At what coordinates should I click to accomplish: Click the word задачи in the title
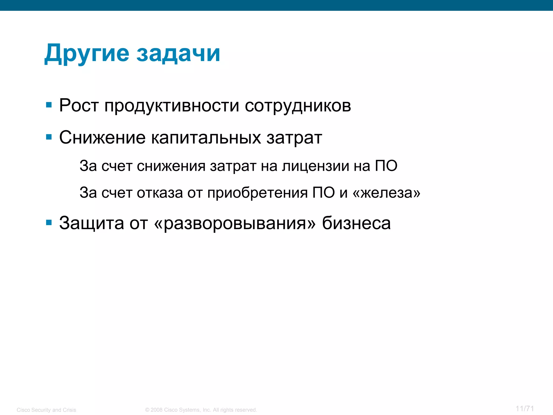pyautogui.click(x=178, y=53)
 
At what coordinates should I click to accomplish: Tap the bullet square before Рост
pyautogui.click(x=49, y=105)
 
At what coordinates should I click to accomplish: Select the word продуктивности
pyautogui.click(x=172, y=106)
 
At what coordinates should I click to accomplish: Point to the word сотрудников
pyautogui.click(x=298, y=106)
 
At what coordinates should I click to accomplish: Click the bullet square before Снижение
pyautogui.click(x=49, y=137)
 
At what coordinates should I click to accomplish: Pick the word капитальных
pyautogui.click(x=206, y=138)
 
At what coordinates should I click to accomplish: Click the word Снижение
pyautogui.click(x=102, y=138)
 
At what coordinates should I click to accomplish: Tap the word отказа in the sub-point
pyautogui.click(x=160, y=193)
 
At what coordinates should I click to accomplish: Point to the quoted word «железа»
pyautogui.click(x=386, y=193)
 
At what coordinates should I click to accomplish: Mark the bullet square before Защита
pyautogui.click(x=49, y=223)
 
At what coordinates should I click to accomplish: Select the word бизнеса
pyautogui.click(x=356, y=223)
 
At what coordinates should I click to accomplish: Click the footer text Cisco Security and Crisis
pyautogui.click(x=46, y=410)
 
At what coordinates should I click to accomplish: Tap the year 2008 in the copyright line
pyautogui.click(x=157, y=410)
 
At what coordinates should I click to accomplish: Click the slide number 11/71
pyautogui.click(x=525, y=409)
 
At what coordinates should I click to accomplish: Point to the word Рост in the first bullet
pyautogui.click(x=79, y=105)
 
